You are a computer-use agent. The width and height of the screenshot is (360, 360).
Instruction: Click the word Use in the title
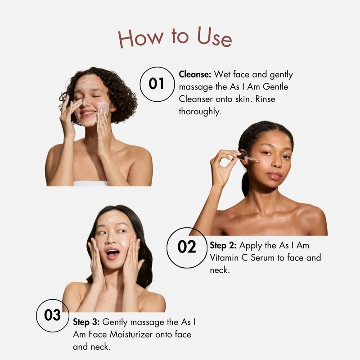pyautogui.click(x=215, y=37)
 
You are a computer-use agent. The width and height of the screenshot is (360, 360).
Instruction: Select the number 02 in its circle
pyautogui.click(x=187, y=247)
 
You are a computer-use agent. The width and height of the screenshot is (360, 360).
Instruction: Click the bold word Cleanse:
pyautogui.click(x=195, y=74)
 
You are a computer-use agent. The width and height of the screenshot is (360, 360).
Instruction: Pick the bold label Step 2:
pyautogui.click(x=223, y=245)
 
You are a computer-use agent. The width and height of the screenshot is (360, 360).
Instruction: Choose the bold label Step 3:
pyautogui.click(x=86, y=322)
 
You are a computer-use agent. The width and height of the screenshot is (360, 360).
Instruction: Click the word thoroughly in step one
pyautogui.click(x=200, y=111)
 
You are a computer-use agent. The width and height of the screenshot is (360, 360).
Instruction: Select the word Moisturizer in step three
pyautogui.click(x=131, y=334)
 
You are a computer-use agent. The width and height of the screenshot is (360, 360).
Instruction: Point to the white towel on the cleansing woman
pyautogui.click(x=91, y=184)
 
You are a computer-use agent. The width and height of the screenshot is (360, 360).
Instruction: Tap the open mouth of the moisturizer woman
pyautogui.click(x=113, y=253)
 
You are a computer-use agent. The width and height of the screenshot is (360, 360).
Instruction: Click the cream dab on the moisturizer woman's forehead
pyautogui.click(x=113, y=219)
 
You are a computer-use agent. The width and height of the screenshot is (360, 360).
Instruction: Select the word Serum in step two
pyautogui.click(x=262, y=257)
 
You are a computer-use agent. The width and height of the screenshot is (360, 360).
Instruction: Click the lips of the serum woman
pyautogui.click(x=274, y=175)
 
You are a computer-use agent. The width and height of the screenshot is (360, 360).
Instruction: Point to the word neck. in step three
pyautogui.click(x=101, y=346)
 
